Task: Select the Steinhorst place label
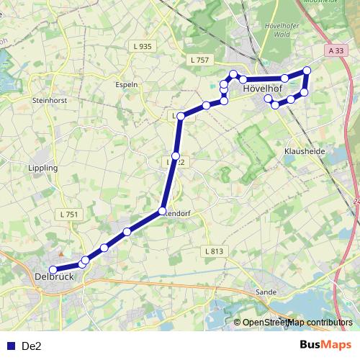click(50, 101)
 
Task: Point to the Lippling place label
click(42, 168)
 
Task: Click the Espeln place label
click(127, 84)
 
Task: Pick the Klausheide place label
click(305, 153)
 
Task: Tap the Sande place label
click(266, 292)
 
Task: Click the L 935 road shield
click(143, 46)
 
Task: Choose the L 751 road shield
click(70, 214)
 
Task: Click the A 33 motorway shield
click(335, 51)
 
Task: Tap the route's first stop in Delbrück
click(53, 270)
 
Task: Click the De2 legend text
click(32, 346)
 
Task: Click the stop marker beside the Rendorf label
click(163, 210)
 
